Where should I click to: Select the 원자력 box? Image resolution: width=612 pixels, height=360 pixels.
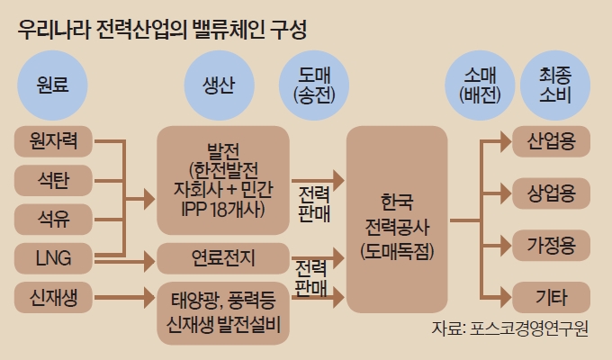[54, 141]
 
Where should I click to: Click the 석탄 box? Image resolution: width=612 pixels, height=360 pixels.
[54, 180]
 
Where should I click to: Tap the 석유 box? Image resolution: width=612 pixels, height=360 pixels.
[54, 220]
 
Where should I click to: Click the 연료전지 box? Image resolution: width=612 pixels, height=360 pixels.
[223, 259]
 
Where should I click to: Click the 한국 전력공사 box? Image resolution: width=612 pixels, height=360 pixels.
[398, 219]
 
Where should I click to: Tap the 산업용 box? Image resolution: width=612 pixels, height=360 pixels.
[551, 140]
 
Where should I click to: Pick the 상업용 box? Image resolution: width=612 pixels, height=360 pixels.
[551, 192]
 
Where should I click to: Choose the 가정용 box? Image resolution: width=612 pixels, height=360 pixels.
[551, 243]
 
